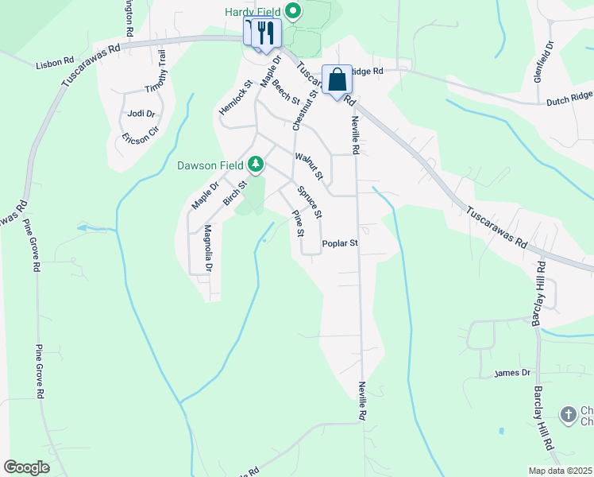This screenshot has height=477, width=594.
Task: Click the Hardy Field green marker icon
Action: [x=293, y=11]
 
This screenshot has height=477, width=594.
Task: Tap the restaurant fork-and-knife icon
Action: [x=266, y=33]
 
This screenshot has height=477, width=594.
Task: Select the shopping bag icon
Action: [x=337, y=79]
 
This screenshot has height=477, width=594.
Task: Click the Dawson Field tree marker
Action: [x=256, y=165]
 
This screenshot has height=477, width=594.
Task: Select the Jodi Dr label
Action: [x=141, y=114]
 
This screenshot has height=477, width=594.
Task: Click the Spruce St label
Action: [x=309, y=202]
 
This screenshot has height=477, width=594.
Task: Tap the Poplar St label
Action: [x=341, y=244]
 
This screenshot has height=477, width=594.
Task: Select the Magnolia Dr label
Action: [x=208, y=248]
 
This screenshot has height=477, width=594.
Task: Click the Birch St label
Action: [x=235, y=194]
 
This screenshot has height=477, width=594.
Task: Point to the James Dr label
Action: [x=511, y=373]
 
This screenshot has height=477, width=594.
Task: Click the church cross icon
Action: [x=568, y=414]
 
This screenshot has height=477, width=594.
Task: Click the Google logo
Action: [x=26, y=467]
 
